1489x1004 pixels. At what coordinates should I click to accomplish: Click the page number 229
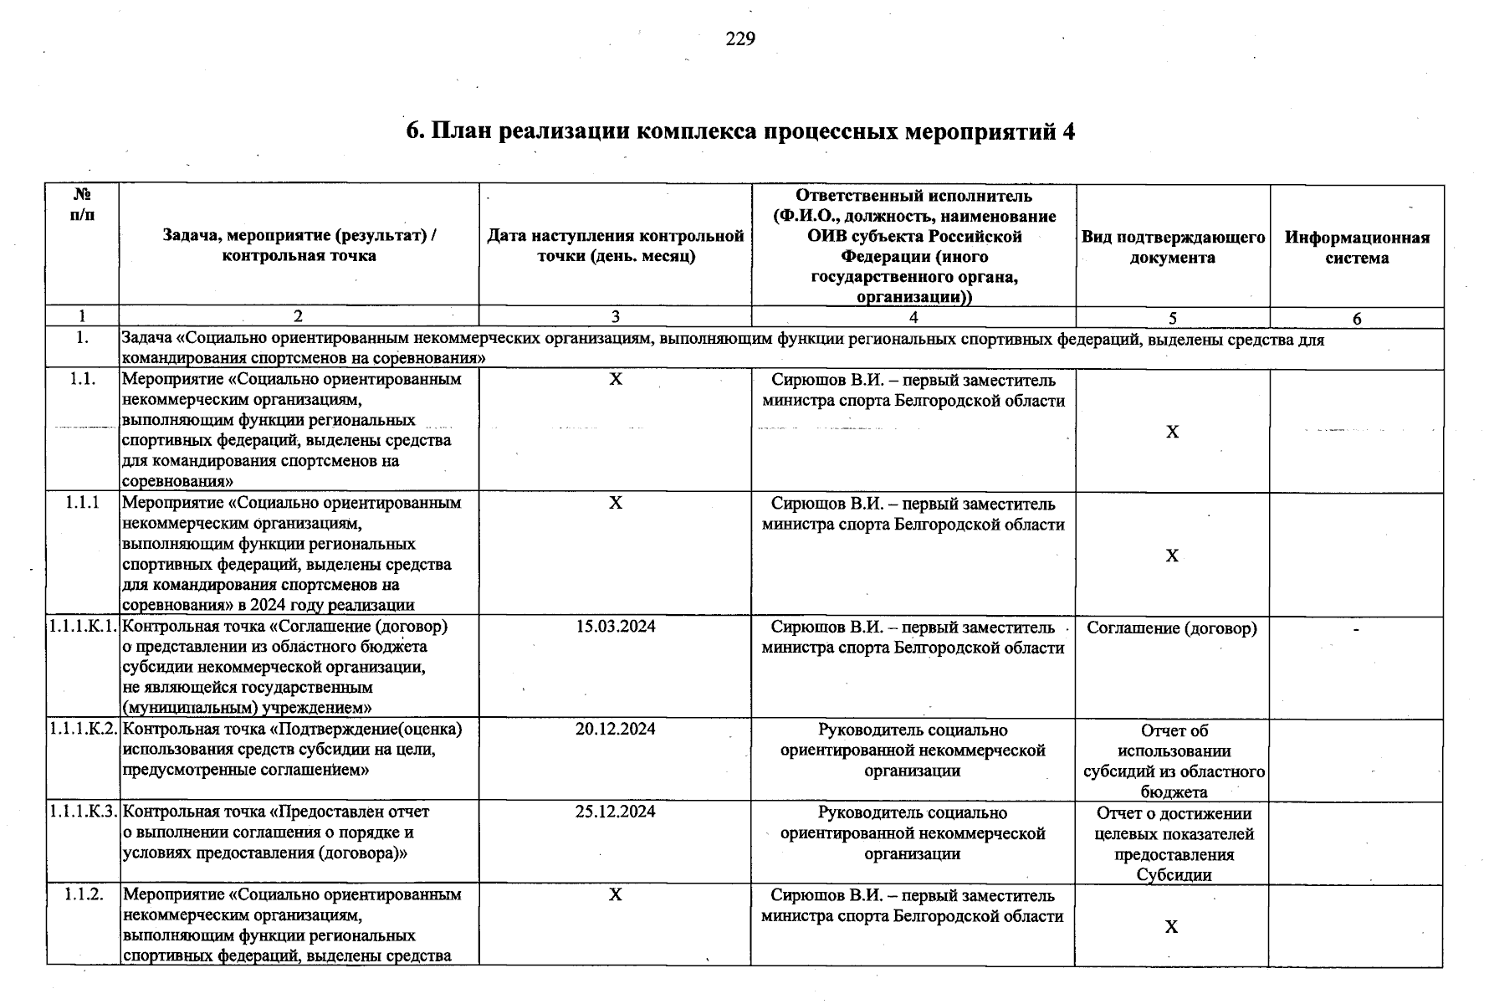click(740, 39)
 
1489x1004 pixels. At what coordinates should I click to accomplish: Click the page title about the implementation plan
click(740, 131)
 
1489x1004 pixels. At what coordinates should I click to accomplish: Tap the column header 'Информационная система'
click(1357, 247)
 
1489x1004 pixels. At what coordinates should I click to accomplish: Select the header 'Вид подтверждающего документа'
click(1173, 247)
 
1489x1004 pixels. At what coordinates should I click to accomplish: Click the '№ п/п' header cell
click(82, 204)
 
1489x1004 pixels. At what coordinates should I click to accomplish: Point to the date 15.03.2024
click(616, 627)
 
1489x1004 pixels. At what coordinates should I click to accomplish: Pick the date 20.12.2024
click(616, 729)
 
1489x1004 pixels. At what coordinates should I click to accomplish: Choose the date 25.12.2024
click(616, 812)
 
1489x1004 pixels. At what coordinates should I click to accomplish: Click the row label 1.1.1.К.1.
click(83, 627)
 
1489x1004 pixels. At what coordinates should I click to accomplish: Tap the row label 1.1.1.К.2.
click(83, 729)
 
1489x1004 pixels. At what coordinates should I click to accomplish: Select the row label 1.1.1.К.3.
click(83, 812)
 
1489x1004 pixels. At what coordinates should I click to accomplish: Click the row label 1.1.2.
click(83, 894)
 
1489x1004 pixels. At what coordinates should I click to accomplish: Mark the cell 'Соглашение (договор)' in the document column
click(1172, 628)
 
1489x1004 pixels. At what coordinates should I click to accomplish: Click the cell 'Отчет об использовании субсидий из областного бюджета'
click(1174, 761)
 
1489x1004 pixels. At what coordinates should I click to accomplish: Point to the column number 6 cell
click(1357, 319)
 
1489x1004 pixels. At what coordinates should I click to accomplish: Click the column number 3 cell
click(616, 317)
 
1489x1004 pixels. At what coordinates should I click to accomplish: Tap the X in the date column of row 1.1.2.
click(616, 894)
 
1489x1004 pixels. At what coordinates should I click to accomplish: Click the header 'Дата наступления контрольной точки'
click(616, 247)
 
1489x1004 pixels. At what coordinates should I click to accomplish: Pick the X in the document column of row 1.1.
click(1173, 432)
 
